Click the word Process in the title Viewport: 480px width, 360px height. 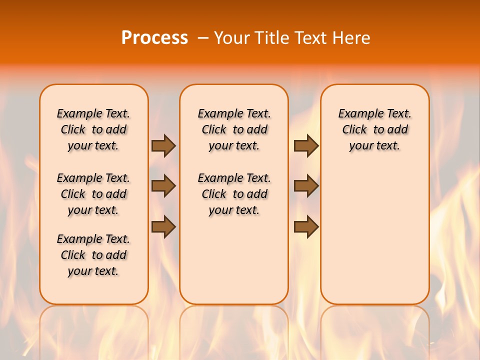[154, 37]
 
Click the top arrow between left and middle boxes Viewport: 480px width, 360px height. [163, 145]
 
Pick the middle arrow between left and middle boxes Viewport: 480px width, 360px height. [163, 186]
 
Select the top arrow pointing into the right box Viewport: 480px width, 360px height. [306, 145]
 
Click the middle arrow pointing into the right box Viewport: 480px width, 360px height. [306, 186]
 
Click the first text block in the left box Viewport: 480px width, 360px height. [93, 129]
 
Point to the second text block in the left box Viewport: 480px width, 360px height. [93, 194]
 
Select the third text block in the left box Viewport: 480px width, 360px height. [93, 255]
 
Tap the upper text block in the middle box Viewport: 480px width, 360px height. [234, 129]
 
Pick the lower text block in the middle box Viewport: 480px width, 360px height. [234, 194]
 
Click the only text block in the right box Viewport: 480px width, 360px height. [374, 129]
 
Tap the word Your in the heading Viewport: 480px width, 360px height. [232, 37]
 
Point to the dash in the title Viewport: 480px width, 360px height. [203, 37]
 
